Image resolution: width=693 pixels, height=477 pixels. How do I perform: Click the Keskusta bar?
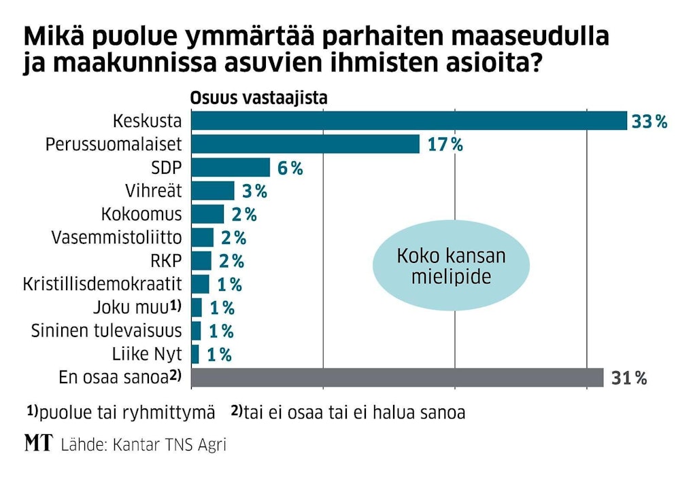(408, 121)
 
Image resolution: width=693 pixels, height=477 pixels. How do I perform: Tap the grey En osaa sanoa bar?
(397, 377)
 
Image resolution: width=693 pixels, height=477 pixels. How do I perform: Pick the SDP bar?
(231, 168)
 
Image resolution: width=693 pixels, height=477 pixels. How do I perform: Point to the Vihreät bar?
(212, 191)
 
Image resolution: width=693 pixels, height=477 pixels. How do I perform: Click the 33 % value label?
(649, 122)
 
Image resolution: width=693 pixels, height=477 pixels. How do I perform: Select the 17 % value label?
(445, 145)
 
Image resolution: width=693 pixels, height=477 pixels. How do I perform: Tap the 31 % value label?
(628, 378)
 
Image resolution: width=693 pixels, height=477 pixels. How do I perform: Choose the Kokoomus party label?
(141, 214)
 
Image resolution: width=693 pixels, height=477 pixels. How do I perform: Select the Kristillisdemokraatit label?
(102, 284)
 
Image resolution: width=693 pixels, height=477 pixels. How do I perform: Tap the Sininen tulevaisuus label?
(107, 331)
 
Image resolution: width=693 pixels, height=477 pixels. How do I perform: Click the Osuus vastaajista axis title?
(258, 97)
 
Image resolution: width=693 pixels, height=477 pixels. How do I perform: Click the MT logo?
(39, 444)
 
